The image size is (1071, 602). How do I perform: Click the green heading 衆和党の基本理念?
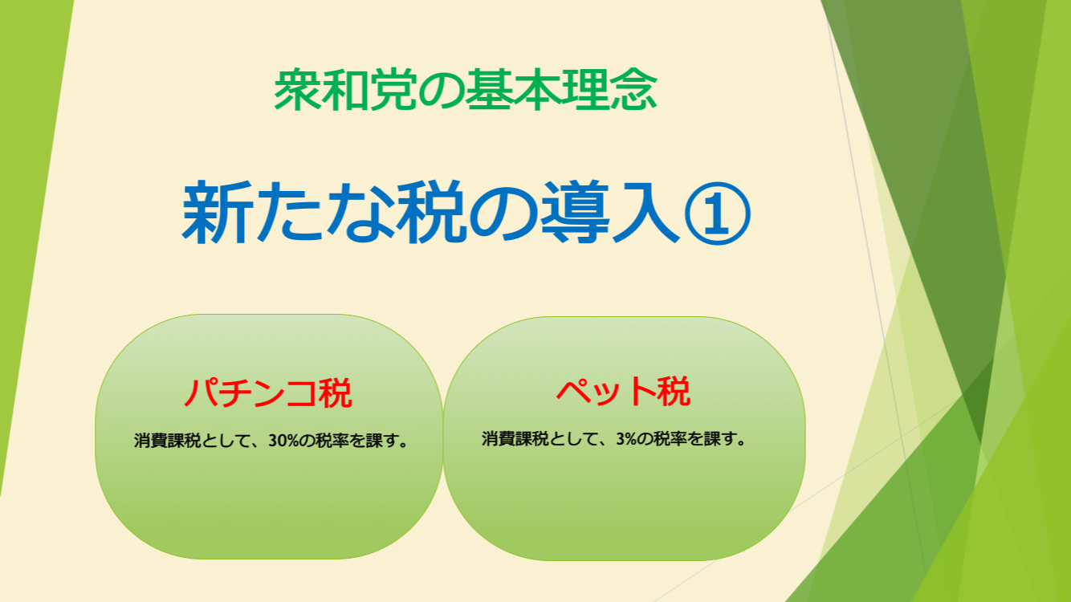pos(465,90)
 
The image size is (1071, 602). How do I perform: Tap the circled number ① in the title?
pos(717,214)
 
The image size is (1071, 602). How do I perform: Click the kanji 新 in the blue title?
pos(218,212)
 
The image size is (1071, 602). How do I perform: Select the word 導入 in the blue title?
pos(610,212)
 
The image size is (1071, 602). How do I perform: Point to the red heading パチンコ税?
pos(268,393)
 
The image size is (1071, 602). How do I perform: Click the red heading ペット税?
pos(624,391)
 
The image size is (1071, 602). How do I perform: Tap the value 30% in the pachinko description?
pos(284,441)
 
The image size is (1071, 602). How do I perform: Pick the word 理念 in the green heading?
pos(609,90)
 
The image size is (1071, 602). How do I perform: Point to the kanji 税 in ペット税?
pos(674,391)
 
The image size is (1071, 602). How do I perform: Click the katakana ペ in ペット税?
pos(572,392)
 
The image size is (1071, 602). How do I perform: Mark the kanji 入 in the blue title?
pos(646,212)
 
